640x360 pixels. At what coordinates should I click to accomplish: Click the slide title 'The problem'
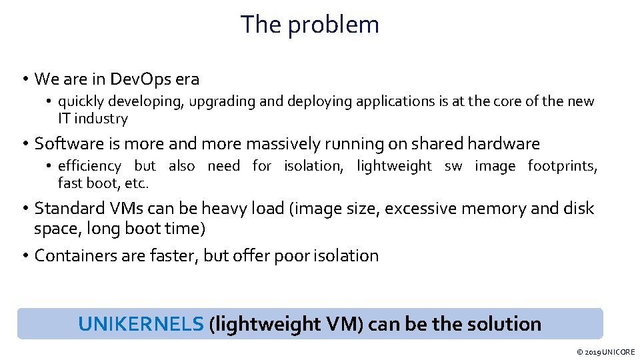point(310,25)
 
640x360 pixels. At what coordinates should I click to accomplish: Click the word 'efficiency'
point(89,165)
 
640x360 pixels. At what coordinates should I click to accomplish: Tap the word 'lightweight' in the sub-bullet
point(394,165)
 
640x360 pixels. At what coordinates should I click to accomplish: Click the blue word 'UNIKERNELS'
point(141,324)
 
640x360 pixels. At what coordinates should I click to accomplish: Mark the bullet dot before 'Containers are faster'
point(24,256)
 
